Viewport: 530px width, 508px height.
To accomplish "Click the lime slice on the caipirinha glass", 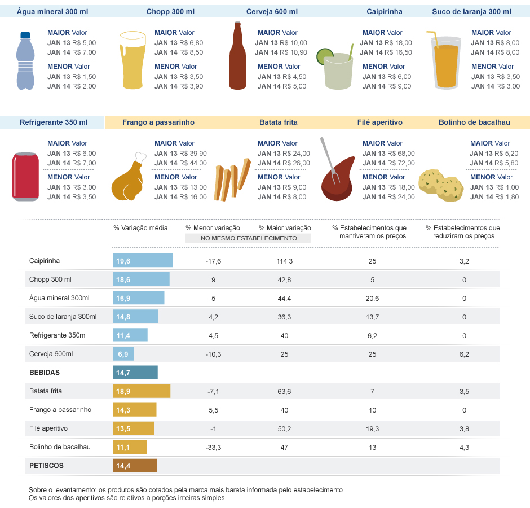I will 324,56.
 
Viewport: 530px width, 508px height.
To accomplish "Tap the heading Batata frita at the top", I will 278,122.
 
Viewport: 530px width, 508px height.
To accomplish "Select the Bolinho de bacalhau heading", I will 471,122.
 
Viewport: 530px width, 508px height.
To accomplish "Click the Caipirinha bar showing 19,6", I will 142,261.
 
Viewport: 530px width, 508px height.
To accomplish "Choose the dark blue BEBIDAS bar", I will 135,373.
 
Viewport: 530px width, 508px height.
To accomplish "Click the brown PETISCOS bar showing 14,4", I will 134,466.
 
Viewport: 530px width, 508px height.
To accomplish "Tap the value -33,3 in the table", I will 213,447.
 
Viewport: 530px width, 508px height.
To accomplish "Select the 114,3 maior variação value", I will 285,261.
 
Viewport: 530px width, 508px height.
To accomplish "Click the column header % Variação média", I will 140,227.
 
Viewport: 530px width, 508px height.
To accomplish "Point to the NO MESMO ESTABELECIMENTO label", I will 248,238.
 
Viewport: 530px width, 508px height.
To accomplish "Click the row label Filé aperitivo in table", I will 48,428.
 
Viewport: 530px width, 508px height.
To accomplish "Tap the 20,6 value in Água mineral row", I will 372,298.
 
